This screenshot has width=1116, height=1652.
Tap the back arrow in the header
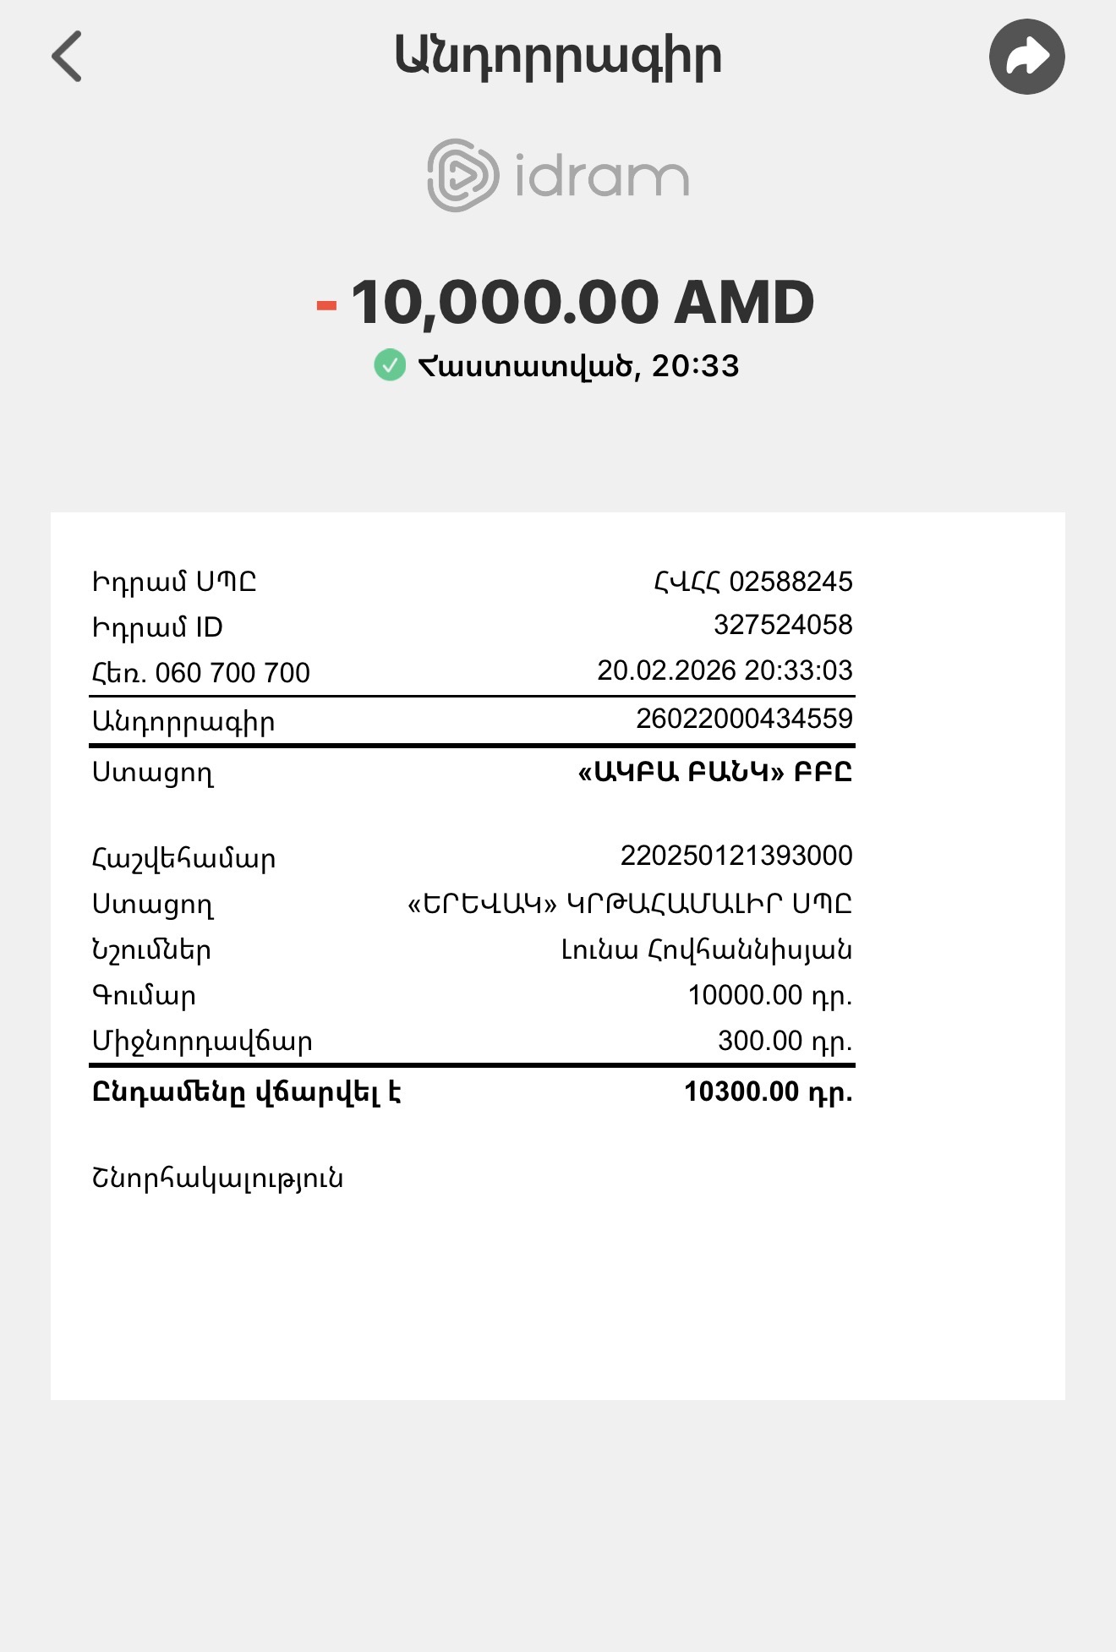67,57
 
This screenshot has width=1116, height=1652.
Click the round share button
1026,57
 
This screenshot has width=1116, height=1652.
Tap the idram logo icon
462,175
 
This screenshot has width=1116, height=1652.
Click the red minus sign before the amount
326,305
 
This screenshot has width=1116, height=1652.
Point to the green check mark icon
390,365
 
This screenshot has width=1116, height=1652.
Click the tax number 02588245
790,582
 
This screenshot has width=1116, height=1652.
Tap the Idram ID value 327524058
783,625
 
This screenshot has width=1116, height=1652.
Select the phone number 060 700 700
232,673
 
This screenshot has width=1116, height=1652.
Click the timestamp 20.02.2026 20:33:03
725,670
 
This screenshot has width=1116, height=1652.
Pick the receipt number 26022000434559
744,719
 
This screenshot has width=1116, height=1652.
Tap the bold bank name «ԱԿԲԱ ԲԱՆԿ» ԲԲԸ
714,772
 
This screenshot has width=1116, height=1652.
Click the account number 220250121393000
736,856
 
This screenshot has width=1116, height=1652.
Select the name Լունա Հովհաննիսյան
707,950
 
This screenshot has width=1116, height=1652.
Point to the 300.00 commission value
785,1041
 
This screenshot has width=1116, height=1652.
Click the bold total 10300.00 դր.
768,1091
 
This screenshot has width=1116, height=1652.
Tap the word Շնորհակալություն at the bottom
217,1178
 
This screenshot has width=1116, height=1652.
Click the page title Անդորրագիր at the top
558,57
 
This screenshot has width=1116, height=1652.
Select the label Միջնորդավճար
202,1042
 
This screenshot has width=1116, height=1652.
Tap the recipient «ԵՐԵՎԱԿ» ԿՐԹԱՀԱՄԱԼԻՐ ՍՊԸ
630,904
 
